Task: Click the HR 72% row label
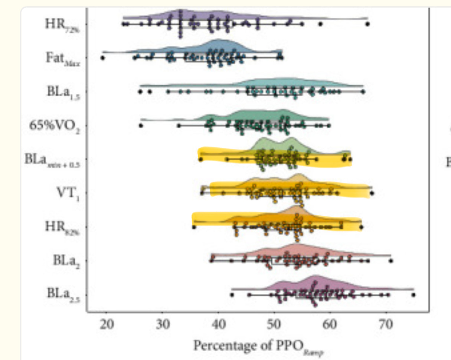(62, 25)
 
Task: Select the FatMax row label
(63, 59)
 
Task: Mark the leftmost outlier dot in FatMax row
(103, 58)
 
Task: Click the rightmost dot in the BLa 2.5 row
(414, 295)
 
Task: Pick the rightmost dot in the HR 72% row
(367, 24)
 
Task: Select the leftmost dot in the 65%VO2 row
(141, 125)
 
